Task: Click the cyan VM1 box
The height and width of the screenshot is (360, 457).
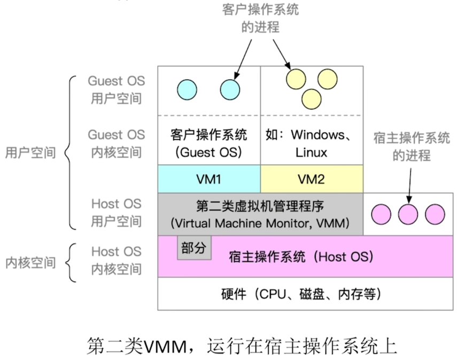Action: pyautogui.click(x=209, y=179)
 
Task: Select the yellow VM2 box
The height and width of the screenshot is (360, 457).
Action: pyautogui.click(x=312, y=179)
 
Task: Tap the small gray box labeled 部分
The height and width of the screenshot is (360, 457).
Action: pyautogui.click(x=194, y=249)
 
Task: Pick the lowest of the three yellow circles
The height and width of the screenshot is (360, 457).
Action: pyautogui.click(x=311, y=98)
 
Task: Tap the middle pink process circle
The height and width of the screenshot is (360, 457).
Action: pyautogui.click(x=408, y=213)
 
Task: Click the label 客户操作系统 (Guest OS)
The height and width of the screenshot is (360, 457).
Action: pyautogui.click(x=208, y=143)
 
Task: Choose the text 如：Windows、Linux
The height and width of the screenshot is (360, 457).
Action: pyautogui.click(x=311, y=143)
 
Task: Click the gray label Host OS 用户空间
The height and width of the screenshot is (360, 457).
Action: pyautogui.click(x=116, y=212)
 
